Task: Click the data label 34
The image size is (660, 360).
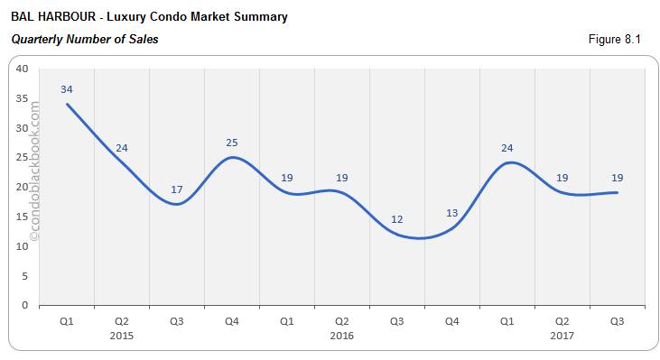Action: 67,89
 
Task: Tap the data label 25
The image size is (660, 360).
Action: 232,143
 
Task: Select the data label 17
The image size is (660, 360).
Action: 177,189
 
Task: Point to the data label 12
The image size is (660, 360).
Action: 397,219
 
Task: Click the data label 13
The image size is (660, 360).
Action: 452,213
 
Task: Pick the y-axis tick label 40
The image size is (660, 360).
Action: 22,69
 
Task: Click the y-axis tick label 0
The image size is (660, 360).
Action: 25,305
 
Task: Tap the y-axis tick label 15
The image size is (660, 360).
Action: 22,217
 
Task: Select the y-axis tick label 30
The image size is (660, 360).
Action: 22,128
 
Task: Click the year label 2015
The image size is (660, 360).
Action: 122,336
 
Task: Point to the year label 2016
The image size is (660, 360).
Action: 342,336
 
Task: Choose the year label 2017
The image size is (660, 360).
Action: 562,336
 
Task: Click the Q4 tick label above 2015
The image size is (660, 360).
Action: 232,320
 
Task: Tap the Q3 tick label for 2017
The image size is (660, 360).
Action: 618,320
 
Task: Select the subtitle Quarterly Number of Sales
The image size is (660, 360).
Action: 85,40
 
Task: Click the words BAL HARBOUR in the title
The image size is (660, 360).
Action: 52,16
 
